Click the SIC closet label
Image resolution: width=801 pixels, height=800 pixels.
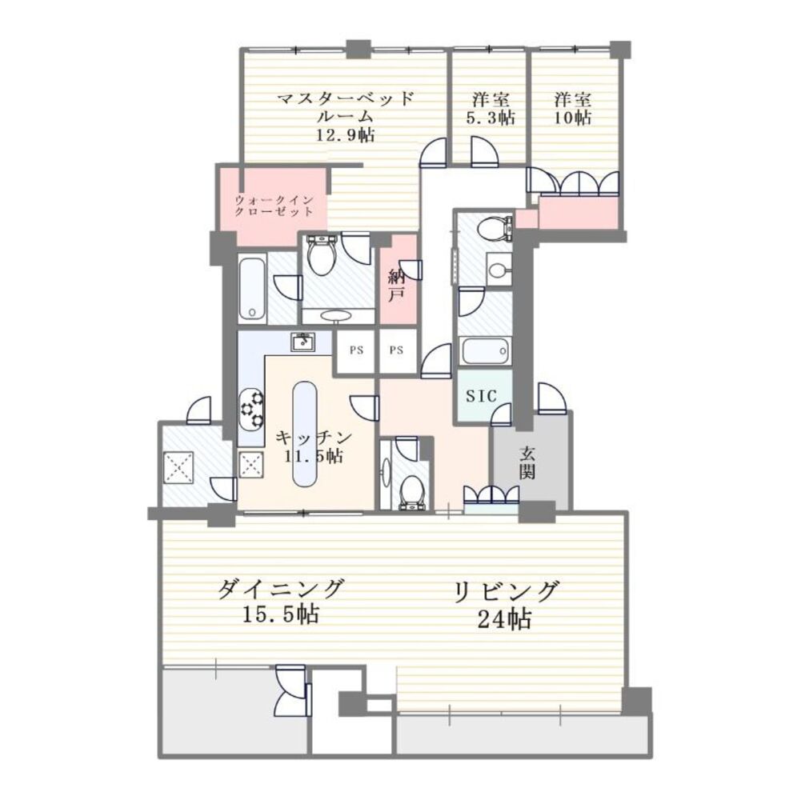point(483,395)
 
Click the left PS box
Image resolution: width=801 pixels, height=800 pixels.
point(354,350)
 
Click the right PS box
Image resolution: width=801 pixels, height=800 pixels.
point(398,350)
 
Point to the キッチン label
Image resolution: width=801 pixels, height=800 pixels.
point(313,438)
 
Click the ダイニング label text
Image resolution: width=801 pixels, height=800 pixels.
point(281,590)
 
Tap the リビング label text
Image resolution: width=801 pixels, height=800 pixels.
point(505,592)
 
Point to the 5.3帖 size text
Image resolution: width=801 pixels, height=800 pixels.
point(491,118)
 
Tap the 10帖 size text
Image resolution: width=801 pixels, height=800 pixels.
point(574,118)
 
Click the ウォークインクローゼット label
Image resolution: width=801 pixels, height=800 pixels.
point(273,206)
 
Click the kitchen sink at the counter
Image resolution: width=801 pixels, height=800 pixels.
point(302,342)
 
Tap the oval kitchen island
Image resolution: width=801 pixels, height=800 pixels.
point(305,433)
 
